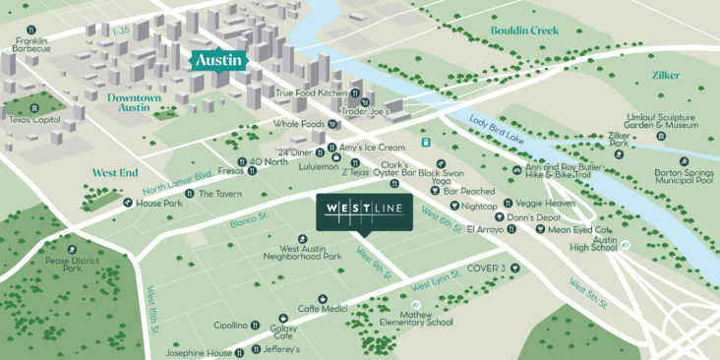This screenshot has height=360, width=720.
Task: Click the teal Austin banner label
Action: pyautogui.click(x=216, y=59)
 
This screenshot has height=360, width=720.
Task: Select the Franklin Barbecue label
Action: pyautogui.click(x=31, y=47)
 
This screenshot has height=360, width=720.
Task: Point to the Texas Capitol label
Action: pyautogui.click(x=29, y=119)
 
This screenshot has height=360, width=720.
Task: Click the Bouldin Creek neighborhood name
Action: pyautogui.click(x=524, y=30)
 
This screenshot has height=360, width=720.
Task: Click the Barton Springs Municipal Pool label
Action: pyautogui.click(x=679, y=175)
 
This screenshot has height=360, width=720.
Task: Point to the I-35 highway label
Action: pyautogui.click(x=121, y=32)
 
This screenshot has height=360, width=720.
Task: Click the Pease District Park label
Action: pyautogui.click(x=57, y=263)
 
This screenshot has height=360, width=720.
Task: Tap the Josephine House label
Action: pyautogui.click(x=199, y=353)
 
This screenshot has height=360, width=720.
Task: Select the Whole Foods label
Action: pyautogui.click(x=299, y=124)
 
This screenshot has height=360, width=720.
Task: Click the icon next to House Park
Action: pyautogui.click(x=128, y=203)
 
